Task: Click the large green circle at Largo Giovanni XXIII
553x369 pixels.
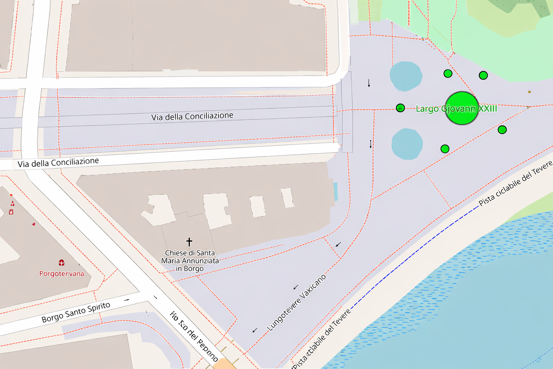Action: coord(462,108)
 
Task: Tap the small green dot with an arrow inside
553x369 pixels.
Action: coord(400,108)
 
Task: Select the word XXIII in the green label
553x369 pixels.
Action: coord(487,108)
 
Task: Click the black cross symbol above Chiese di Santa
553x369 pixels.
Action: coord(189,242)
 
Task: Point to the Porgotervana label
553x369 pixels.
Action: coord(62,274)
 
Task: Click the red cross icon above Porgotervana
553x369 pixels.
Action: coord(62,263)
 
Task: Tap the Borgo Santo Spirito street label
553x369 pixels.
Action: coord(76,312)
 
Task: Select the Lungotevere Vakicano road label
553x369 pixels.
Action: coord(297,303)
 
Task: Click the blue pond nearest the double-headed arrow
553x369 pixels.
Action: coord(407,144)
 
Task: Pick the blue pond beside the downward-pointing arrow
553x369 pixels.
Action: coord(405,76)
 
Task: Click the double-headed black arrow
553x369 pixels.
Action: coord(370,144)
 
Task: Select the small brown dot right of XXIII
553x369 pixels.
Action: coord(529,92)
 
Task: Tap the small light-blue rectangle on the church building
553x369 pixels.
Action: coord(336,191)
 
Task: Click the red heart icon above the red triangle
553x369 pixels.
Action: coord(11,195)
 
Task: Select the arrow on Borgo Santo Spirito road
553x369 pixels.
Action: coord(126,300)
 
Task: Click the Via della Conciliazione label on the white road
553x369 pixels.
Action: coord(58,163)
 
